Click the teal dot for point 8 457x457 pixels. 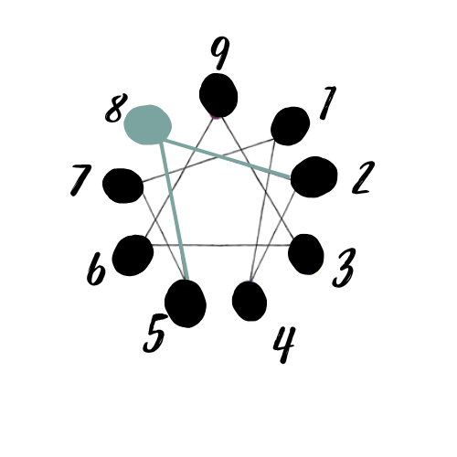(x=148, y=124)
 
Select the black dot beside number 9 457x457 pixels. (x=218, y=95)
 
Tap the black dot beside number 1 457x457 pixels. (x=291, y=126)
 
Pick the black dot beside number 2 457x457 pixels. (x=314, y=177)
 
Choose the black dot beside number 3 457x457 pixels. (x=306, y=254)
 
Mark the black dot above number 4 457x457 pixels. (x=250, y=301)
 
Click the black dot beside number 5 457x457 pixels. (x=186, y=303)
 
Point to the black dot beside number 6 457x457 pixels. (x=133, y=255)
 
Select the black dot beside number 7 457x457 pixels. (x=123, y=186)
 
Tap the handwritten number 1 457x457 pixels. (x=328, y=102)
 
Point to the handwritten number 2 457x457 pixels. (x=363, y=177)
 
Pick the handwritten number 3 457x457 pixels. (x=344, y=268)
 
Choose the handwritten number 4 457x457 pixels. (x=284, y=345)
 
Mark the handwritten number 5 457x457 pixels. (x=155, y=333)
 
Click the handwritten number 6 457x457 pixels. (x=96, y=269)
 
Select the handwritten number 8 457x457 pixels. (x=116, y=108)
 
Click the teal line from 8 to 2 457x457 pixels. (x=227, y=159)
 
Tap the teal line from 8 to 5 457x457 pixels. (x=175, y=211)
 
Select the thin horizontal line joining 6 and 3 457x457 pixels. (x=220, y=245)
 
